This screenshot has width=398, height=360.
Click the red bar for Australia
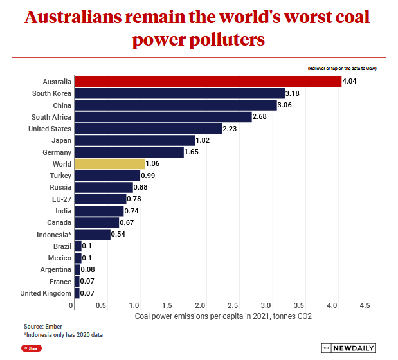208,82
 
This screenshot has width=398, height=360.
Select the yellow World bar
109,164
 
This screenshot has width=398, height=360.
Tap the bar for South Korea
179,93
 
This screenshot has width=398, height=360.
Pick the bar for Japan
134,140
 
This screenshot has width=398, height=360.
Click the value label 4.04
350,82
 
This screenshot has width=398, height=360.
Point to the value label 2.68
260,117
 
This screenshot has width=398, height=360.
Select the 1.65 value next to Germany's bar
192,152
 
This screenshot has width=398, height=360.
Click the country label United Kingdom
45,293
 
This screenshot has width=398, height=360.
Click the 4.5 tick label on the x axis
365,305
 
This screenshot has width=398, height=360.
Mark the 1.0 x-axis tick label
135,305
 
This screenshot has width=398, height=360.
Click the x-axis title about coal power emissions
223,316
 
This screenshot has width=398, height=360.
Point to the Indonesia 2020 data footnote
64,335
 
